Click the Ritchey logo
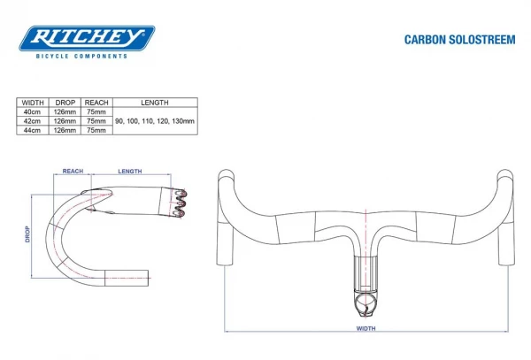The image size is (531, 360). (88, 37)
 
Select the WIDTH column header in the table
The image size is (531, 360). (33, 103)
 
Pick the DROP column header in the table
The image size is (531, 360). (65, 103)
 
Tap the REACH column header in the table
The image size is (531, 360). (96, 103)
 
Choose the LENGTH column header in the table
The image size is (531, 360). (154, 103)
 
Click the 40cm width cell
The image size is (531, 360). (33, 111)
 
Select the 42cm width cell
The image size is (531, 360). (33, 120)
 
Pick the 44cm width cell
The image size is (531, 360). (33, 129)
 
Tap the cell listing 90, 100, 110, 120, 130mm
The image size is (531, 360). (154, 120)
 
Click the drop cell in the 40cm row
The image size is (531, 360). (65, 111)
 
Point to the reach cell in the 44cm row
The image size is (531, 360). (96, 129)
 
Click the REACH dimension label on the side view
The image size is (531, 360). (73, 172)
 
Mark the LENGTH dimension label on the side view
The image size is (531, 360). (129, 172)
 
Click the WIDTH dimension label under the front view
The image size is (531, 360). (366, 328)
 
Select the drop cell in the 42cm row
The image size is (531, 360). (65, 120)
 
